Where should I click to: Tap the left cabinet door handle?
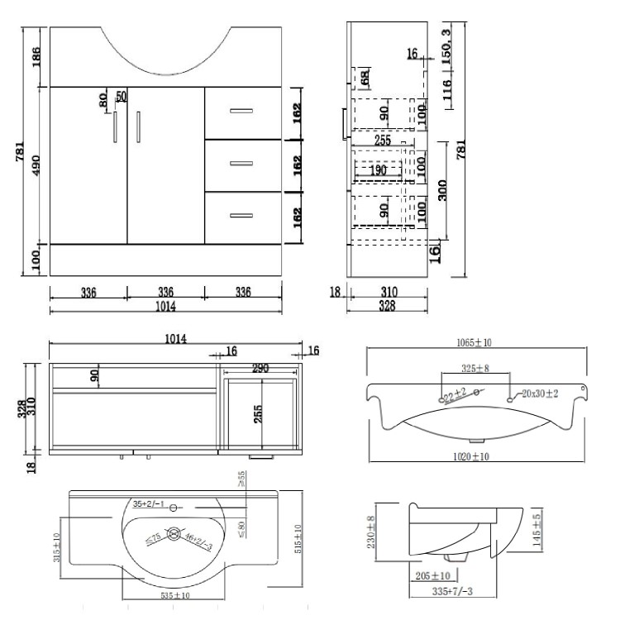115,128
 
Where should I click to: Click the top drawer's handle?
241,109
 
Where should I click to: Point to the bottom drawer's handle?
241,216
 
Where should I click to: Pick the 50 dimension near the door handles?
121,97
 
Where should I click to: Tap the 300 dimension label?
444,192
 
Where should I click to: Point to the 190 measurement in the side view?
379,169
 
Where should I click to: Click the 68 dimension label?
364,79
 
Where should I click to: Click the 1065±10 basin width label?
477,341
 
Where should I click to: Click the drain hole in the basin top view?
174,535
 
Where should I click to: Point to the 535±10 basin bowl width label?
174,595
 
